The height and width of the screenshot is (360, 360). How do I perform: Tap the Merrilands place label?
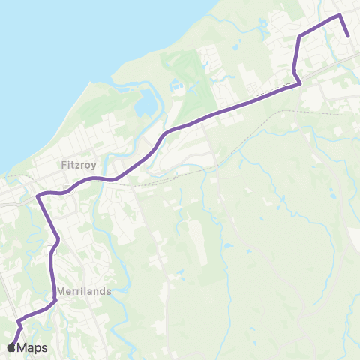click(84, 291)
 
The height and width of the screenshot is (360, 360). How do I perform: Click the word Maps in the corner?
click(32, 347)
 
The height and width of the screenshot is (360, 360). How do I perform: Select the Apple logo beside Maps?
click(12, 347)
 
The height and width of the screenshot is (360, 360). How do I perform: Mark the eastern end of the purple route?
click(349, 35)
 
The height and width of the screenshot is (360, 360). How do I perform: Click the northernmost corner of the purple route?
click(340, 15)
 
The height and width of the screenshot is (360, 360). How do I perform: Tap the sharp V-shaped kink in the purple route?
click(300, 83)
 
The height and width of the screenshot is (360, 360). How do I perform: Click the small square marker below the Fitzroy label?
click(67, 188)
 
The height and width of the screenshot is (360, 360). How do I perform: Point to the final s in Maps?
click(45, 348)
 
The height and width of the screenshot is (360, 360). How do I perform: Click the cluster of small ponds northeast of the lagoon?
click(178, 86)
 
